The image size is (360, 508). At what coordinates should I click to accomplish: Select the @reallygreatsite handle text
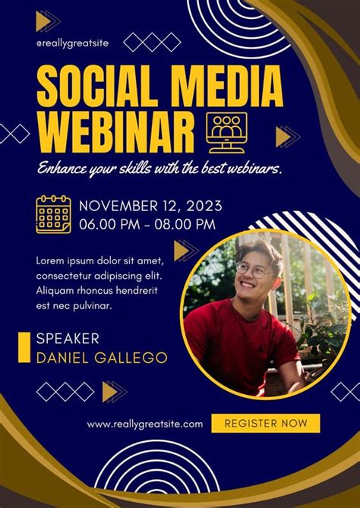[x=72, y=43]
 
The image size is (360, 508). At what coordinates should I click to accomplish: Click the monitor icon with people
[x=226, y=133]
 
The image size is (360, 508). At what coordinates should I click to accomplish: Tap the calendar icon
[x=53, y=214]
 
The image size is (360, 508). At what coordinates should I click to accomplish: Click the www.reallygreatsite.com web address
[x=145, y=424]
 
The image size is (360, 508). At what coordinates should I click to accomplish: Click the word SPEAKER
[x=68, y=339]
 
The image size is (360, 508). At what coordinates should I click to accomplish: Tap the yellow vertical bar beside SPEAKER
[x=24, y=347]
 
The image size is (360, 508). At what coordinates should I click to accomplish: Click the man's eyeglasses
[x=254, y=270]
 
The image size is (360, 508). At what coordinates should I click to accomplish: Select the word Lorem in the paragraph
[x=49, y=260]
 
